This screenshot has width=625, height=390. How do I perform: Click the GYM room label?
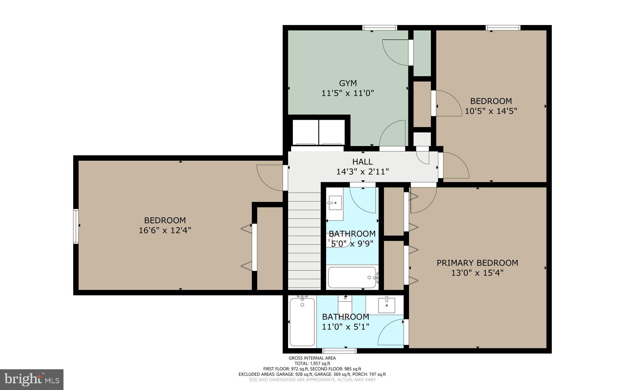coord(348,83)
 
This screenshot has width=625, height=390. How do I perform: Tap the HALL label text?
coord(363,162)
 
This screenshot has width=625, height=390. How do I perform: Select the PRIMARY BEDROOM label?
coord(477,263)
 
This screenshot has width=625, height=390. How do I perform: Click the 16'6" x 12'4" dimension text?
coord(165,230)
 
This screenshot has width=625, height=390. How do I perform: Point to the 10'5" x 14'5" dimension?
coord(491,111)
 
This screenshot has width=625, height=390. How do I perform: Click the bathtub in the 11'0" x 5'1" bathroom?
coord(302,322)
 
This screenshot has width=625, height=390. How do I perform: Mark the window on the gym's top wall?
coord(380,28)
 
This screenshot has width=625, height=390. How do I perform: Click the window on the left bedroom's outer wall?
coord(76,226)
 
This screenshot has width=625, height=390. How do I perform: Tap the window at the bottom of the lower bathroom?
coord(340,351)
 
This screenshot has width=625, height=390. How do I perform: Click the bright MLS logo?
coord(32,379)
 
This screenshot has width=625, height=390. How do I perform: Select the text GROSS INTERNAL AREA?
coord(312,358)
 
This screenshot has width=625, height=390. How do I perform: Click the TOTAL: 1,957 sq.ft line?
coord(312,363)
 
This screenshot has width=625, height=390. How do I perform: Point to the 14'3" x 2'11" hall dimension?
coord(363,172)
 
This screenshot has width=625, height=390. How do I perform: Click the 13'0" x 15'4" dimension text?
coord(477,273)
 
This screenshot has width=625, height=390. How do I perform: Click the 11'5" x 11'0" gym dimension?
coord(348,93)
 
